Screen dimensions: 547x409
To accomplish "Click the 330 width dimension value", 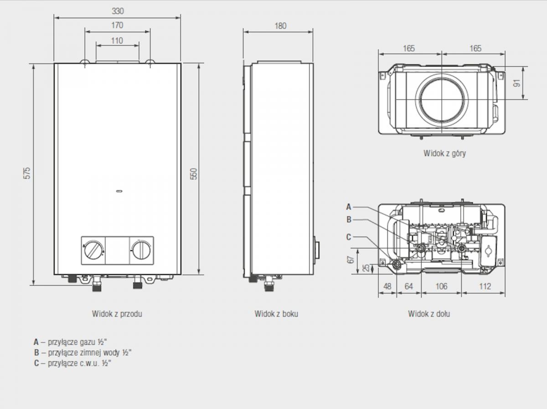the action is (118, 11).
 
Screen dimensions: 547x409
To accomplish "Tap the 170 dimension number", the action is (117, 26).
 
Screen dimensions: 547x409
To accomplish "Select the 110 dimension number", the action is (117, 41).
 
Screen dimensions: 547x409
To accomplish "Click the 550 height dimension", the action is (194, 174).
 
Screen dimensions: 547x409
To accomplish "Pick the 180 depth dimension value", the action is (280, 26).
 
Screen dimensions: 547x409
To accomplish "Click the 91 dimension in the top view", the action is (517, 83).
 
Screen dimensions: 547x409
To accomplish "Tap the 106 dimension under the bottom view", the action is (441, 286).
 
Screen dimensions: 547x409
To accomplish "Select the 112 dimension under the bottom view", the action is (485, 286).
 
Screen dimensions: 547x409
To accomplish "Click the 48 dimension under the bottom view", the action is (387, 286).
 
